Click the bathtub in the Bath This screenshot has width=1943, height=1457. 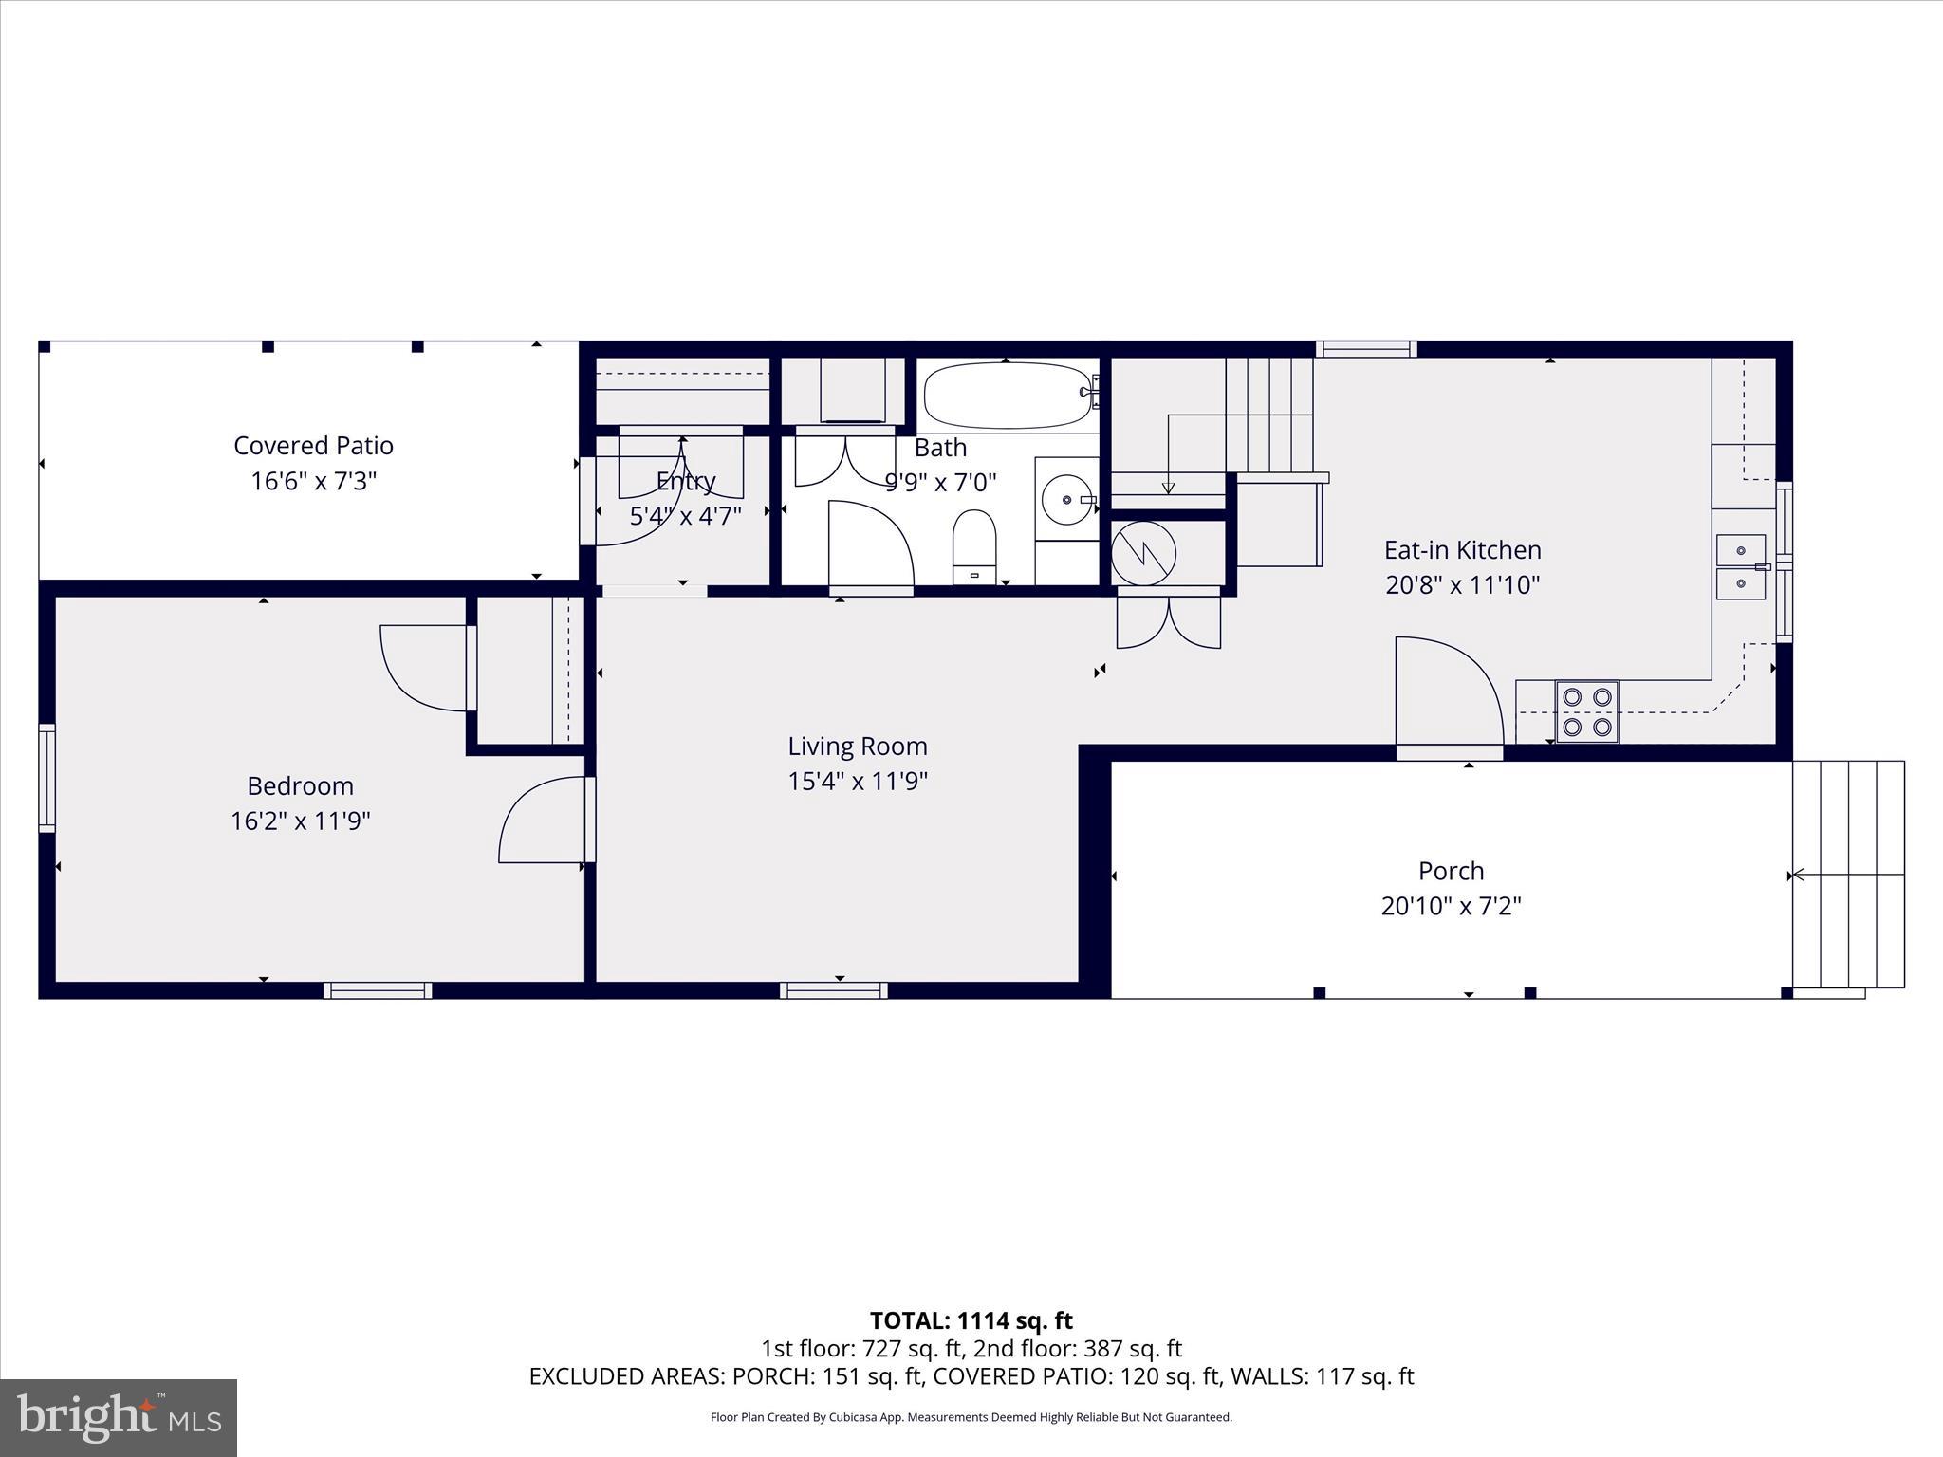pyautogui.click(x=1009, y=395)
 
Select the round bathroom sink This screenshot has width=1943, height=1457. pyautogui.click(x=1067, y=498)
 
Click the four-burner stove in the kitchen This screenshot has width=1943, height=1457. pyautogui.click(x=1587, y=711)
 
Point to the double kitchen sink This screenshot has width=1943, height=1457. pyautogui.click(x=1741, y=566)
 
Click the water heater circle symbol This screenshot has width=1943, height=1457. pyautogui.click(x=1144, y=553)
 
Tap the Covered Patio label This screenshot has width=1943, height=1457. pyautogui.click(x=313, y=446)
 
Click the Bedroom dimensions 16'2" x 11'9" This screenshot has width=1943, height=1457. pyautogui.click(x=300, y=821)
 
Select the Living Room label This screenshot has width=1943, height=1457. pyautogui.click(x=857, y=747)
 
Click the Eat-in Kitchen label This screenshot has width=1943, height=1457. pyautogui.click(x=1462, y=550)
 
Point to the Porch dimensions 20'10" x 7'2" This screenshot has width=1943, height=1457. pyautogui.click(x=1451, y=906)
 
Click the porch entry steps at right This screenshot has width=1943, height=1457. pyautogui.click(x=1848, y=874)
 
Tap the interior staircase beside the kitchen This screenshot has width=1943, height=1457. pyautogui.click(x=1268, y=415)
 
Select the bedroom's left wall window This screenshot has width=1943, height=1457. pyautogui.click(x=46, y=778)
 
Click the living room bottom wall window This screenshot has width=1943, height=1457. pyautogui.click(x=834, y=990)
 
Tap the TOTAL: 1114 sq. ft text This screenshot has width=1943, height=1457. pyautogui.click(x=971, y=1320)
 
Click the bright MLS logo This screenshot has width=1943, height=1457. pyautogui.click(x=119, y=1417)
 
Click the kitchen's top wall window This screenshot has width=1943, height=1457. pyautogui.click(x=1366, y=349)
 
